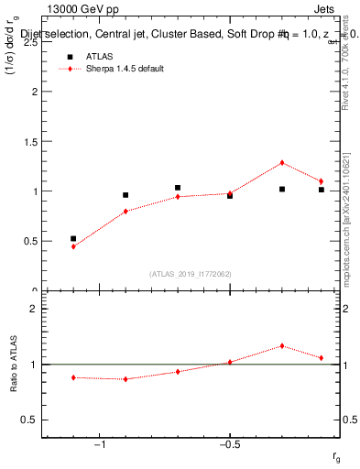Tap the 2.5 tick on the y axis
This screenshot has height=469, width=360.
click(31, 42)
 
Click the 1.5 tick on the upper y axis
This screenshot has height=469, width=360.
click(31, 142)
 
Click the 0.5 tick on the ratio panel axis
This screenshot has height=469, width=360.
click(31, 420)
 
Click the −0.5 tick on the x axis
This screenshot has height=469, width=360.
click(229, 445)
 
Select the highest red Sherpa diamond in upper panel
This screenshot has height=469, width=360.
click(282, 163)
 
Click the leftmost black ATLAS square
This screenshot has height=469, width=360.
click(73, 238)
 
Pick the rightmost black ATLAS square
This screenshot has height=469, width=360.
click(322, 190)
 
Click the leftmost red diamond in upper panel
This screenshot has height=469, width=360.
click(73, 246)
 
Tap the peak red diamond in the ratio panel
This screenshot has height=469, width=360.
click(282, 346)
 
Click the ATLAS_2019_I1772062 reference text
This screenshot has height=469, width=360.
click(191, 274)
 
